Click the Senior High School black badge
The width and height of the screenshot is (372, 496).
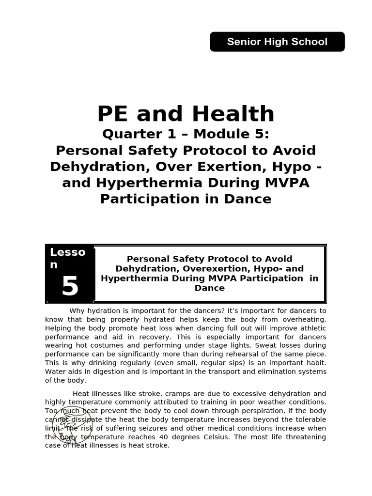tap(277, 42)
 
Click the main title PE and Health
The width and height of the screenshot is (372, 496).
tap(186, 114)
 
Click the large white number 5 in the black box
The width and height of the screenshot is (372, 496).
tap(70, 287)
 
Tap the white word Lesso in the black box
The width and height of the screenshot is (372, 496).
tap(67, 252)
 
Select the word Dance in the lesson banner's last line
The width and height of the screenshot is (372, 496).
tap(210, 288)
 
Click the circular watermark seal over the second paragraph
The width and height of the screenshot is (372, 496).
tap(72, 425)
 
